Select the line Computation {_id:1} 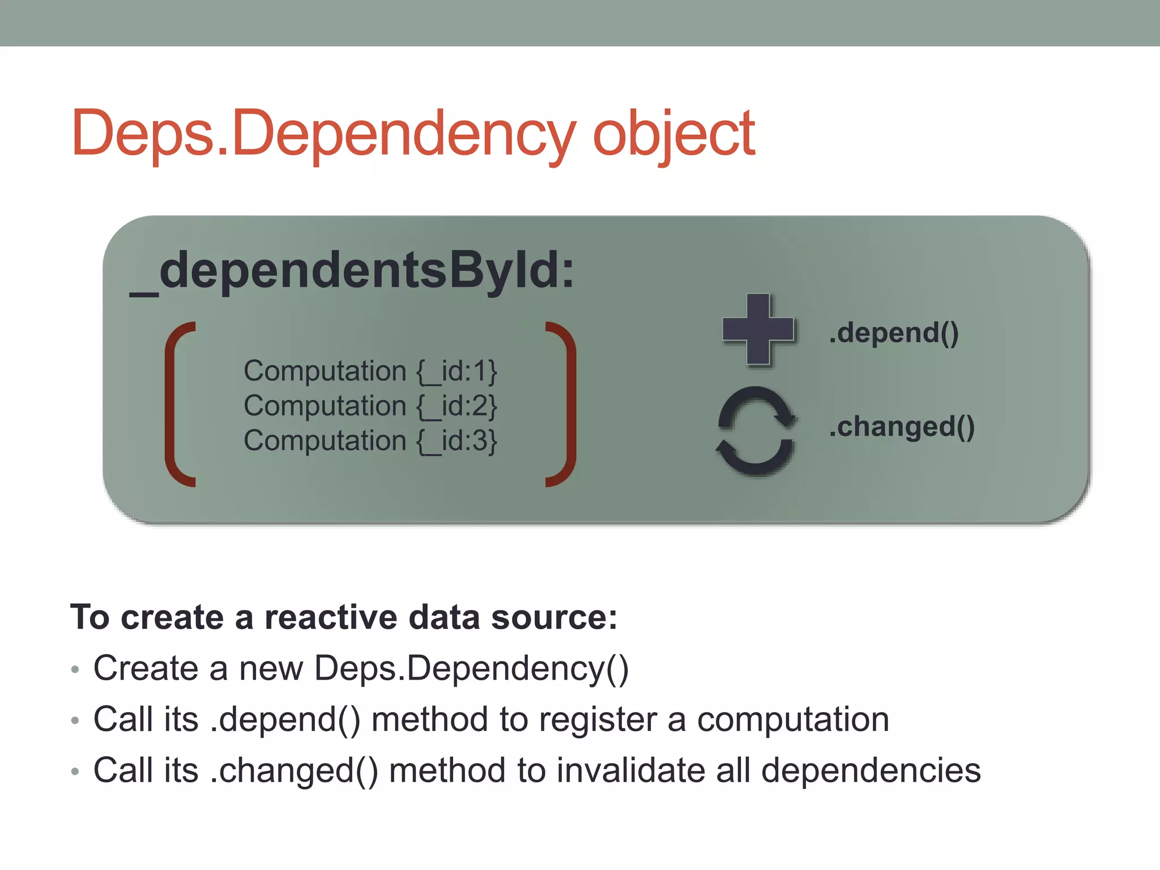(x=370, y=372)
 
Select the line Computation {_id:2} (x=370, y=406)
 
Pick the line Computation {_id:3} (x=370, y=441)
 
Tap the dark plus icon (x=758, y=330)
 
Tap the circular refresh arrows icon (x=756, y=431)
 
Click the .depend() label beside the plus (x=894, y=332)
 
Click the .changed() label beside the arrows (x=902, y=427)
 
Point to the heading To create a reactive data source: (x=343, y=617)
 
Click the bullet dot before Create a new (x=75, y=669)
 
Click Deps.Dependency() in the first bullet (x=471, y=669)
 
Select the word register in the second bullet (x=598, y=720)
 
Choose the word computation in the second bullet (x=792, y=720)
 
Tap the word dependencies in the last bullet (x=871, y=771)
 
